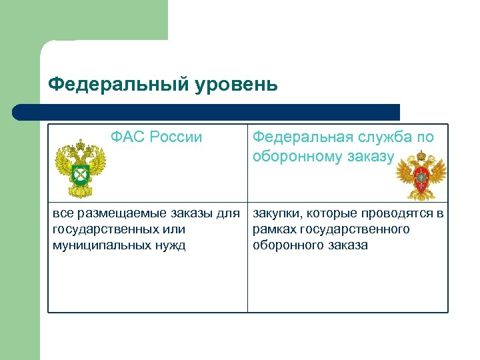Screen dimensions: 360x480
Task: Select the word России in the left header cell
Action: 176,137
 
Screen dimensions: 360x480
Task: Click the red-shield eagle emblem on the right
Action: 421,175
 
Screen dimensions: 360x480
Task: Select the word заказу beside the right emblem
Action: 369,156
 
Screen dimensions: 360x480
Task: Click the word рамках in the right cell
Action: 275,229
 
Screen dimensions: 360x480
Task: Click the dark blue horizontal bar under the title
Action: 207,112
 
